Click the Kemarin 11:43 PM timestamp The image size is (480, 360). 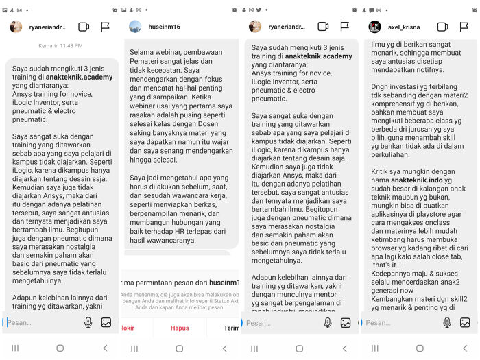60,46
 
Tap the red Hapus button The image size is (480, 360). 180,328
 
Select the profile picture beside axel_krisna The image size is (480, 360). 375,27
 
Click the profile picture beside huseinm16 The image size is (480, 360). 136,27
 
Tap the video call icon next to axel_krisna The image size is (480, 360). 443,27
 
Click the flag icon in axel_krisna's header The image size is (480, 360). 465,27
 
